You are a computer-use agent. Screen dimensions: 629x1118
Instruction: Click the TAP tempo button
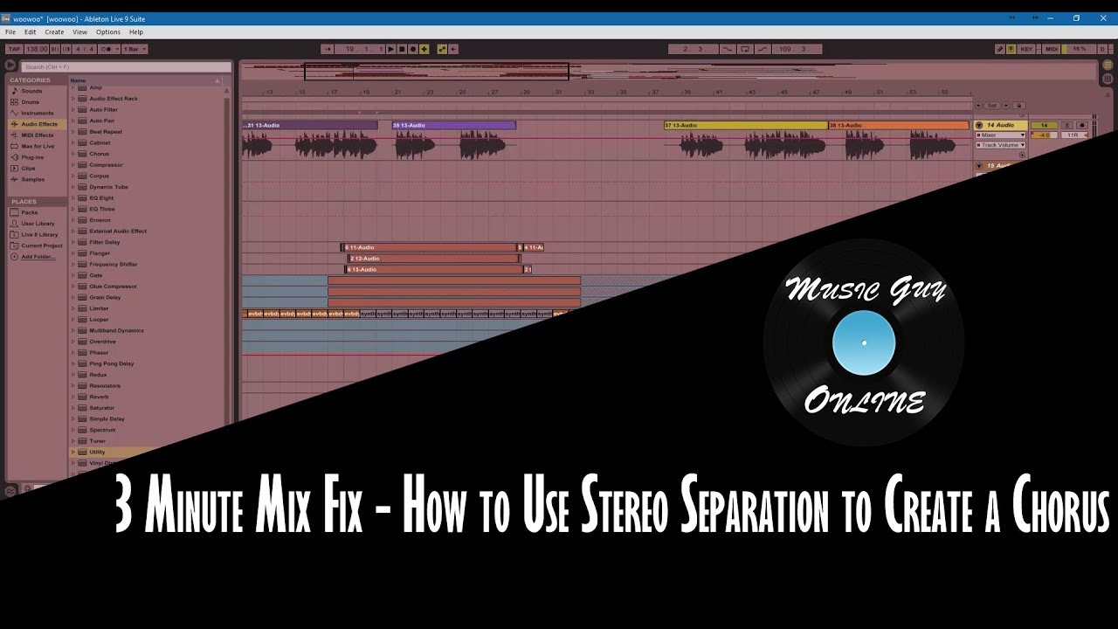14,49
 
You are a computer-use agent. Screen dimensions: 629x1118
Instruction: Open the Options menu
108,32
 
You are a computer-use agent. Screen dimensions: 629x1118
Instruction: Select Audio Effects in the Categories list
39,124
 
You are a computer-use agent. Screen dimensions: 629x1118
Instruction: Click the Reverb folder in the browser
99,397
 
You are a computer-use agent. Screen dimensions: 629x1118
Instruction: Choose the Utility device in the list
97,452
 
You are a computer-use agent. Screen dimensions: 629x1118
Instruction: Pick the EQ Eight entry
101,198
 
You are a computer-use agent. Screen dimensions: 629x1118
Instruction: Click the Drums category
30,102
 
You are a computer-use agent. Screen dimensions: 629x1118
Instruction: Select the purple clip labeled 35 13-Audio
453,126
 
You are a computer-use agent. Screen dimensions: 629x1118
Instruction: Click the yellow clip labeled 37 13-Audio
744,126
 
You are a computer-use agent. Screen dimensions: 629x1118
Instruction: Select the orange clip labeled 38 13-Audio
897,126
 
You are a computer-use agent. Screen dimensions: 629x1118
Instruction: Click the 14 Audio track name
1001,126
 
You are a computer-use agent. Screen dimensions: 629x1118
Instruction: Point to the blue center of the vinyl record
864,342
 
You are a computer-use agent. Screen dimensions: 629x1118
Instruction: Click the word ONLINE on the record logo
864,402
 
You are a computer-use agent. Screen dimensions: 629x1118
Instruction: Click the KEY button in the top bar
1026,49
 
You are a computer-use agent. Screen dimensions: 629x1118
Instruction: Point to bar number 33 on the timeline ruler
590,92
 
